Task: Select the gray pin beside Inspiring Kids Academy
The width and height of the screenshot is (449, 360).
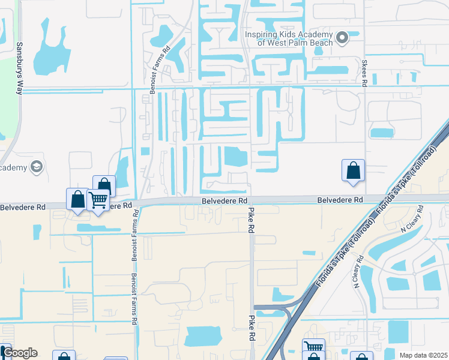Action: click(x=342, y=38)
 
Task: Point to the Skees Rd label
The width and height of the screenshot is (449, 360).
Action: click(x=364, y=73)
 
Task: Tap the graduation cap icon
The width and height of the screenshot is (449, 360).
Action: click(x=36, y=166)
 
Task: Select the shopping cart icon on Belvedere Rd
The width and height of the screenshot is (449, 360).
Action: click(x=98, y=200)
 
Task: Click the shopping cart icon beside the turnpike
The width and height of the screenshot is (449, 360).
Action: click(x=313, y=347)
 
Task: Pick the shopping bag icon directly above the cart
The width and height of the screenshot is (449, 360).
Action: click(x=104, y=185)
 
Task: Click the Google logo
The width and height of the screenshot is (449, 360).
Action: click(x=20, y=353)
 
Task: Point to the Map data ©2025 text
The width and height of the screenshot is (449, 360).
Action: click(x=423, y=355)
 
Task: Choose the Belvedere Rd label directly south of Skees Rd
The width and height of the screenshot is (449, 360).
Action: click(x=340, y=199)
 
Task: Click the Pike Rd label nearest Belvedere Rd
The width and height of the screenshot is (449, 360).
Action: click(x=250, y=220)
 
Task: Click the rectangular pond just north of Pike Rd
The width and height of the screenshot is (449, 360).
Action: click(x=235, y=157)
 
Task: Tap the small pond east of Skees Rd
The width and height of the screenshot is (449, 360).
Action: click(x=382, y=133)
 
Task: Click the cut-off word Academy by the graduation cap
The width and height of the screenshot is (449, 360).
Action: click(x=13, y=167)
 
